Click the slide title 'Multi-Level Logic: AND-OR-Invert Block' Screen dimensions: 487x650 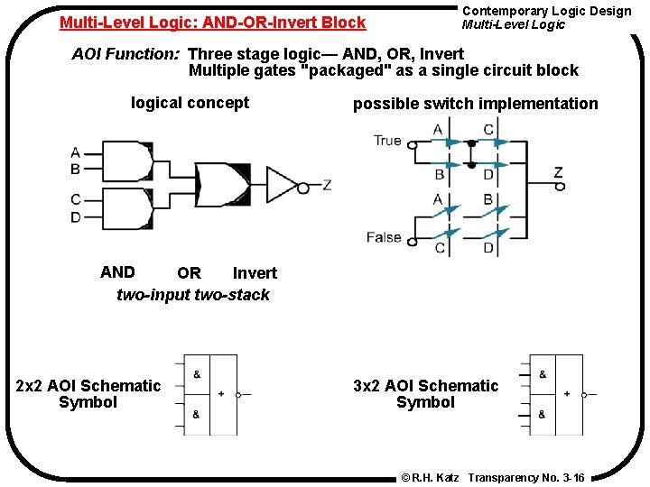point(212,23)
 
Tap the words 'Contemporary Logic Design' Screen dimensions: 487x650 point(546,11)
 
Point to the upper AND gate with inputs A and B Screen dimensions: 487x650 point(130,161)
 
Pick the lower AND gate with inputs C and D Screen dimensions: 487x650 point(130,208)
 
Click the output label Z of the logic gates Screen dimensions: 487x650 point(327,185)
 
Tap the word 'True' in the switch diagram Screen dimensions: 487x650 point(387,141)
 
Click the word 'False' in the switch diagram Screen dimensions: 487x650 point(384,237)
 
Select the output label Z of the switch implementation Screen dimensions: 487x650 point(558,172)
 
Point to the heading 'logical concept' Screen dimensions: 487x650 point(190,103)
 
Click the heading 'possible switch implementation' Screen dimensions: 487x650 point(475,104)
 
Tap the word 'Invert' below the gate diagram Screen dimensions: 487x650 point(255,273)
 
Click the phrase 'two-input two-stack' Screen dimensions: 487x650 point(193,295)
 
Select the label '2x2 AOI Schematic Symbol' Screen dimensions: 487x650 point(88,394)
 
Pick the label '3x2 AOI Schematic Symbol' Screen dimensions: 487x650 point(425,394)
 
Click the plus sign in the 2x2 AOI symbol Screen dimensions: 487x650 point(221,394)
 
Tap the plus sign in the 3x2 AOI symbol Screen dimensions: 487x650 point(567,394)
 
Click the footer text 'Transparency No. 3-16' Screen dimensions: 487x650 point(526,477)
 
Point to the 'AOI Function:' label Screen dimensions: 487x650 point(126,54)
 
